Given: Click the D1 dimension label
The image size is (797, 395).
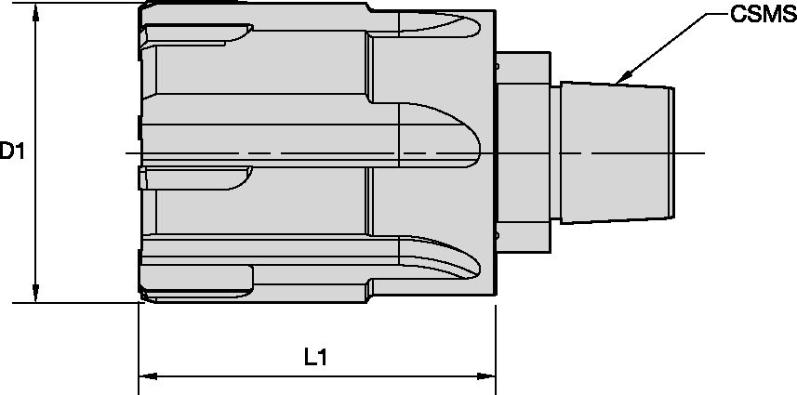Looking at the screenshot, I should click(12, 151).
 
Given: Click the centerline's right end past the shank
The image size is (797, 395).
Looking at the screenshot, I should click(702, 153).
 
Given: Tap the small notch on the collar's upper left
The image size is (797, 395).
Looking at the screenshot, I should click(498, 67).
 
